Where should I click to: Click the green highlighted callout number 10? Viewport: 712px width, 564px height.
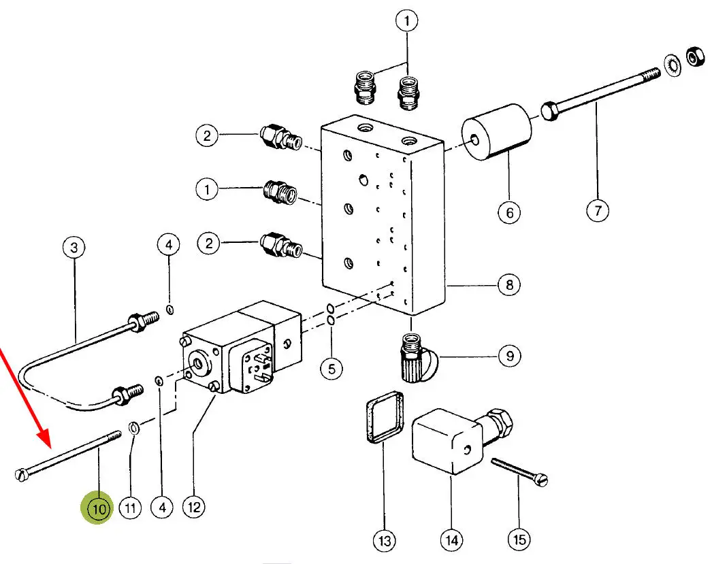click(99, 509)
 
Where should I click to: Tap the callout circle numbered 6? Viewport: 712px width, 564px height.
click(508, 212)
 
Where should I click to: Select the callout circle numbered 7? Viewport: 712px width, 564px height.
click(597, 210)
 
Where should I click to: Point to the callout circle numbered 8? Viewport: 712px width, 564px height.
click(509, 284)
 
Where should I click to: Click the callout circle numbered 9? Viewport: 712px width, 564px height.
click(509, 355)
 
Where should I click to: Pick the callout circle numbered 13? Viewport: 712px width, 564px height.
click(385, 541)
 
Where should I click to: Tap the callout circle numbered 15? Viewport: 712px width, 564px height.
click(519, 540)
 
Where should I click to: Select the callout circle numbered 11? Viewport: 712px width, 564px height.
click(130, 508)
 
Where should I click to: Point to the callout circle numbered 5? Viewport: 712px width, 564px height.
click(331, 369)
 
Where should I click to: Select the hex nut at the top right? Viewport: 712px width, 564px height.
click(696, 56)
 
